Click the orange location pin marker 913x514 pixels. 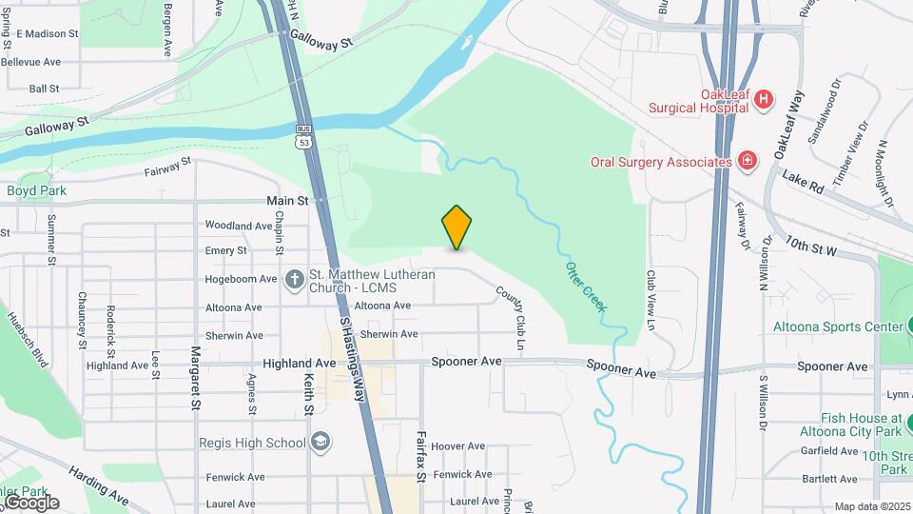pyautogui.click(x=456, y=227)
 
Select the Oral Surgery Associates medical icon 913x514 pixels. pyautogui.click(x=748, y=161)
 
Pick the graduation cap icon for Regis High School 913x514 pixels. pyautogui.click(x=321, y=443)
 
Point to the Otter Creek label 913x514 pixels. pyautogui.click(x=588, y=286)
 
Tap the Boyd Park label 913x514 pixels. pyautogui.click(x=36, y=190)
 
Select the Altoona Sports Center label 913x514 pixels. pyautogui.click(x=837, y=326)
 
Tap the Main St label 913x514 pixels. pyautogui.click(x=287, y=201)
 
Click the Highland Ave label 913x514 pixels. pyautogui.click(x=300, y=364)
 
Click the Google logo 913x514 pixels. pyautogui.click(x=30, y=502)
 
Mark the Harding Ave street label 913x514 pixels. pyautogui.click(x=96, y=484)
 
